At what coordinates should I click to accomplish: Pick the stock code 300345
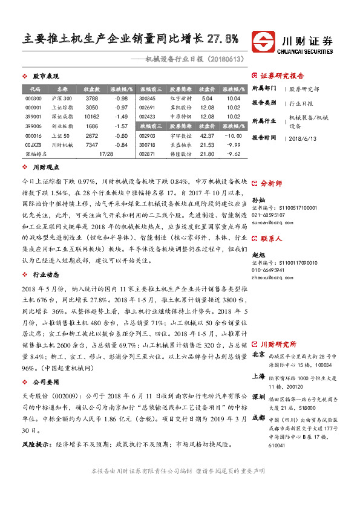pos(147,98)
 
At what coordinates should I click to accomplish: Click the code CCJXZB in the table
pos(34,145)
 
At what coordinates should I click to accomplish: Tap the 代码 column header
pos(34,88)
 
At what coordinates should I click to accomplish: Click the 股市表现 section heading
pos(45,76)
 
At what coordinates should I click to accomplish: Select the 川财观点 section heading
pos(45,167)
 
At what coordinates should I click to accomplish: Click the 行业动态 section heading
pos(45,274)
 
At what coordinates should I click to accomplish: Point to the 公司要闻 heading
pos(45,382)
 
